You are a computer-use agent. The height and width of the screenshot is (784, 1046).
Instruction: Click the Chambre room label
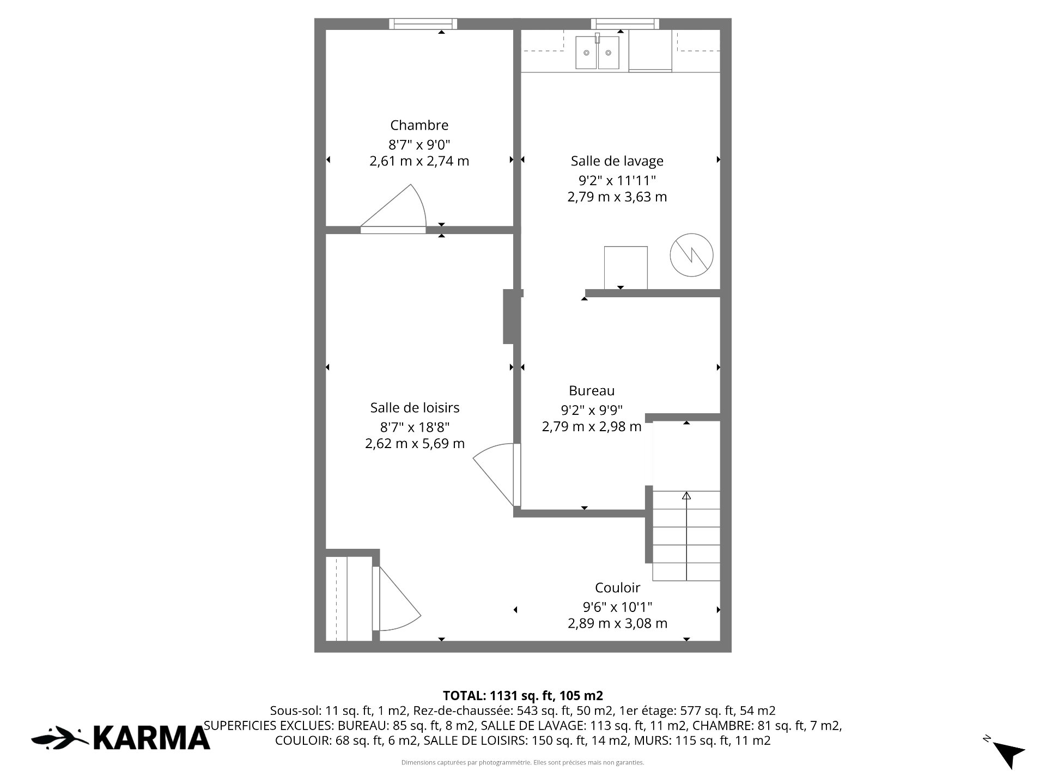tap(419, 125)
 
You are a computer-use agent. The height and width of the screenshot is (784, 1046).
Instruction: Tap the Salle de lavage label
tap(617, 161)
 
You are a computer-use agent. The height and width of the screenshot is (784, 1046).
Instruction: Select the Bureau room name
tap(592, 390)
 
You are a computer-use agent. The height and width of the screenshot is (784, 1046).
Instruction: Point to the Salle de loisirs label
tap(415, 407)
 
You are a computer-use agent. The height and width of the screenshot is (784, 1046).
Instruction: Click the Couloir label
tap(617, 587)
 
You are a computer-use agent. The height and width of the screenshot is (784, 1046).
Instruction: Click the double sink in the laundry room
tap(598, 52)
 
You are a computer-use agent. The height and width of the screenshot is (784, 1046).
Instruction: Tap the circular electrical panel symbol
tap(691, 255)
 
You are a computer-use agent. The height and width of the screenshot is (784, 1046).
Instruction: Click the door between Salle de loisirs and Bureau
tap(496, 475)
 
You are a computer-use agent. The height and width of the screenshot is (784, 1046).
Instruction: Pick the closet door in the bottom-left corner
tap(397, 599)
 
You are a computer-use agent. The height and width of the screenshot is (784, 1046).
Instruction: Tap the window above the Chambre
tap(423, 23)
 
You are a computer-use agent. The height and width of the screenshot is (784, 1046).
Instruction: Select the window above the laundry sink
tap(625, 23)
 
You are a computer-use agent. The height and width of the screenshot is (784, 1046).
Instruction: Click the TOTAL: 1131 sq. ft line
tap(523, 696)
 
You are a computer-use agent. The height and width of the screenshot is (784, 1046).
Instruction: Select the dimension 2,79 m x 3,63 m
tap(617, 197)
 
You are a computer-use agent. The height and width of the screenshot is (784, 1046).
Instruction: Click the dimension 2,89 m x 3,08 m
tap(617, 623)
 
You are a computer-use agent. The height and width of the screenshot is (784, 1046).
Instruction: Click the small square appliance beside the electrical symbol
tap(626, 268)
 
